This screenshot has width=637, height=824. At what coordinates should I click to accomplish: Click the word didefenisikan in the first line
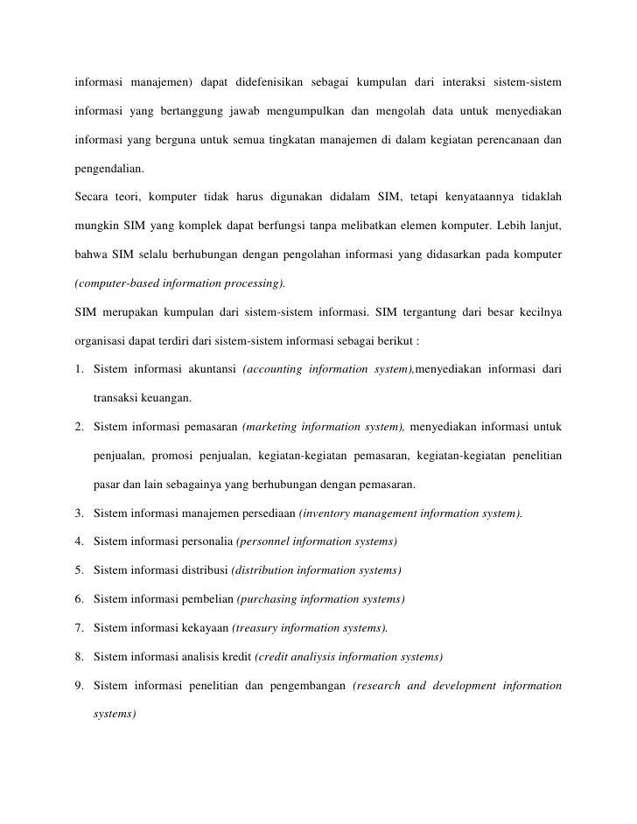[263, 84]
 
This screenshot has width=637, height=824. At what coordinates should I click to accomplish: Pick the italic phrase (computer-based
[115, 284]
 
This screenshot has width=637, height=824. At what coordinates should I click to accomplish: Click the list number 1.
[79, 370]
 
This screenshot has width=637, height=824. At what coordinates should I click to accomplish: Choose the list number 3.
[79, 513]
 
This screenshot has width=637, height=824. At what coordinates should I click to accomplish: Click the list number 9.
[79, 685]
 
